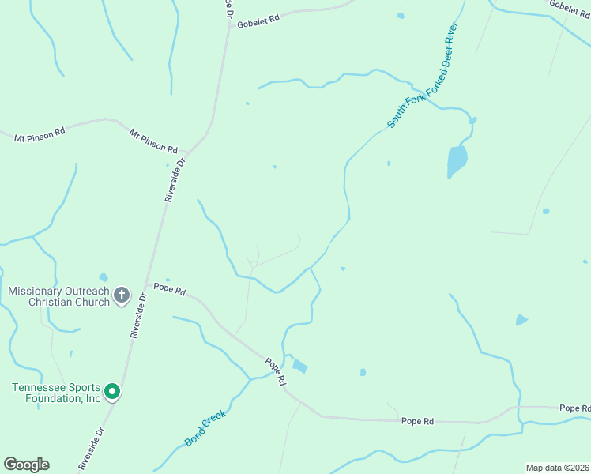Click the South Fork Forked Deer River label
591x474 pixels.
(x=423, y=74)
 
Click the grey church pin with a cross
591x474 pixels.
(x=122, y=295)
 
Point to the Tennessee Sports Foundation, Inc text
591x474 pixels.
(x=56, y=393)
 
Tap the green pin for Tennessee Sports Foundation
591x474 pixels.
(x=112, y=391)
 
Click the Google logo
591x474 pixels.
(x=26, y=465)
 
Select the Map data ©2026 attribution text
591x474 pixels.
(x=557, y=468)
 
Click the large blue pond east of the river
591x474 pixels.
(x=457, y=161)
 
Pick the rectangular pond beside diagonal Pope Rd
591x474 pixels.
(x=300, y=366)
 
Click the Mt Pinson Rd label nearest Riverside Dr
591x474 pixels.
(x=154, y=142)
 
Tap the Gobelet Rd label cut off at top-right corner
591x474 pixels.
(x=570, y=6)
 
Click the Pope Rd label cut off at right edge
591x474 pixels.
(x=574, y=408)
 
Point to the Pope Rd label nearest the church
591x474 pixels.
(x=170, y=289)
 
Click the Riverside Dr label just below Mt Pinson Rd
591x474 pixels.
(x=175, y=180)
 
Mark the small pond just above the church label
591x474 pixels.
(x=104, y=277)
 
